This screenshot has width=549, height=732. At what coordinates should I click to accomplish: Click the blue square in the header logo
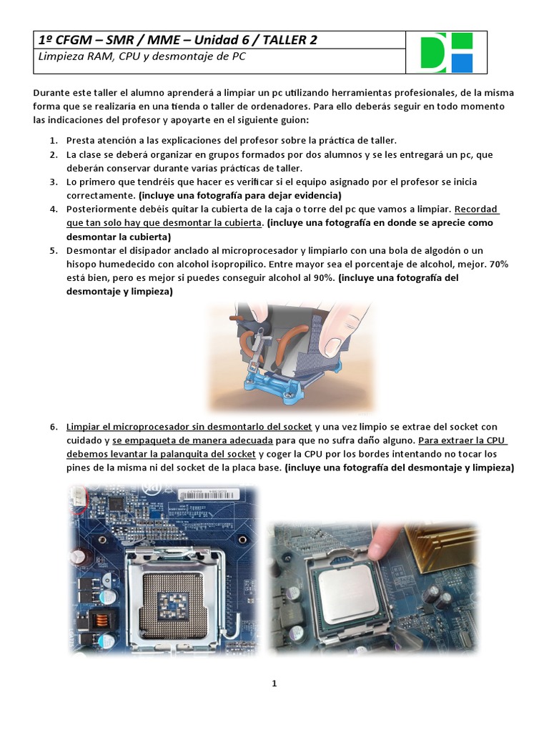[462, 63]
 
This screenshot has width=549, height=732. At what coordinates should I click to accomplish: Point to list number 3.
[54, 182]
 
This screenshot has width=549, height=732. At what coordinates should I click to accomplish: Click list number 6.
[54, 427]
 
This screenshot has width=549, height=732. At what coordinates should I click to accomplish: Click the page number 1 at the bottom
[274, 683]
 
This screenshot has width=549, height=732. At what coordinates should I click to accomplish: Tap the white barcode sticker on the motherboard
[207, 495]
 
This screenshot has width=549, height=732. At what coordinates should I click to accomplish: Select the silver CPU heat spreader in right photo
[347, 590]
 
